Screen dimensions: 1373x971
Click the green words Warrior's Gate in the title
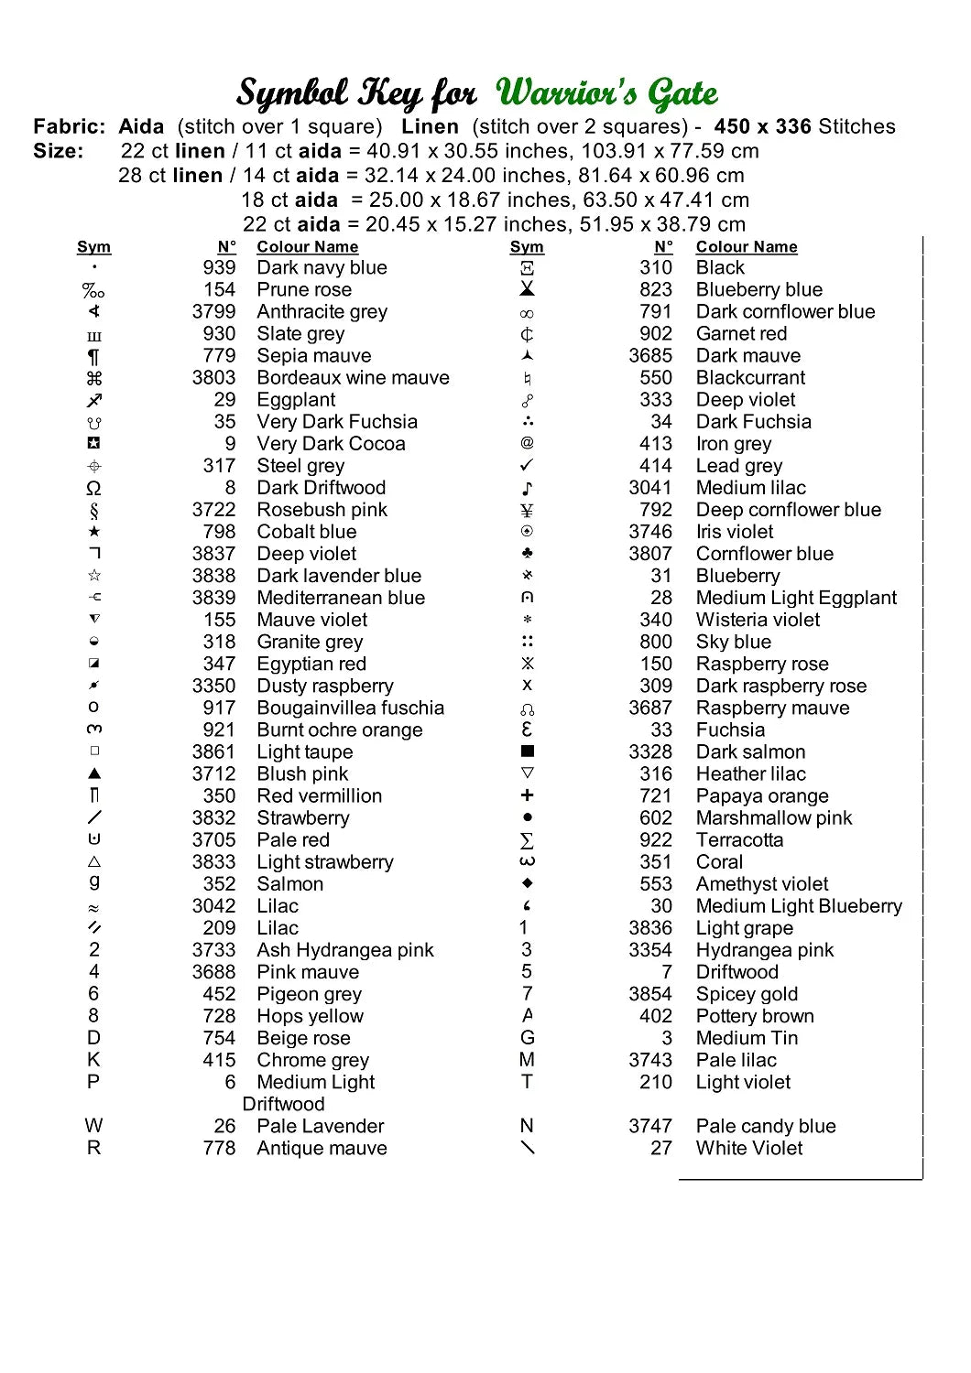pos(606,93)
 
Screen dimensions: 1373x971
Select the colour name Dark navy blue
pos(322,268)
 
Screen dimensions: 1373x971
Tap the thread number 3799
pos(213,312)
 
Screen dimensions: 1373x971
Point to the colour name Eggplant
pos(296,400)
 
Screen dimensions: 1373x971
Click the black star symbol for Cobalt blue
pos(94,532)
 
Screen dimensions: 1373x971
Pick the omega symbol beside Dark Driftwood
pos(93,488)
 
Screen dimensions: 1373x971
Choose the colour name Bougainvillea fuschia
pos(350,708)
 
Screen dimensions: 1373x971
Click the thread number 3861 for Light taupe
pos(213,752)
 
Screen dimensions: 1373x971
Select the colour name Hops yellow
pos(310,1016)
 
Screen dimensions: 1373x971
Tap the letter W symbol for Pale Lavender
pos(93,1126)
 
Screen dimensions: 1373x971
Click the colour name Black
pos(720,268)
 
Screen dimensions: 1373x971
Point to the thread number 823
pos(656,290)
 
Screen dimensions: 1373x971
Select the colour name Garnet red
pos(741,334)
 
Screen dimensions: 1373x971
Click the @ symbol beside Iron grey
pos(527,443)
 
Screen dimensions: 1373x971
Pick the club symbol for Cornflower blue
pos(527,554)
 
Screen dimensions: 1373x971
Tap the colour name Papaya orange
pos(762,796)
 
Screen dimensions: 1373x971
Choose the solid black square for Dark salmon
pos(527,751)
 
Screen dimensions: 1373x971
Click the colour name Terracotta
pos(739,840)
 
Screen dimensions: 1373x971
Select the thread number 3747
pos(650,1126)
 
